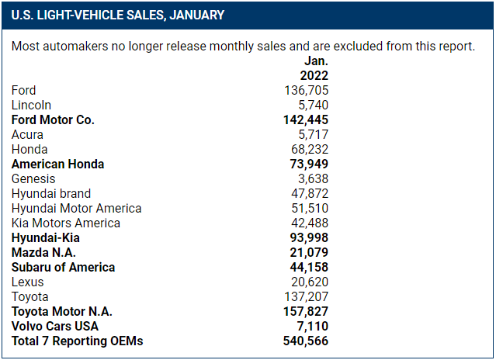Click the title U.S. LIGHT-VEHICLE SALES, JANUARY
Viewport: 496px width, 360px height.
(118, 15)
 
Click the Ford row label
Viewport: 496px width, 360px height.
(24, 91)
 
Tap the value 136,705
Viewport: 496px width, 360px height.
(306, 91)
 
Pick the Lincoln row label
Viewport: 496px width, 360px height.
(31, 106)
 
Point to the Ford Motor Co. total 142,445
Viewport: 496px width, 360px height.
(306, 120)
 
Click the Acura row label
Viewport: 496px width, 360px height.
(27, 135)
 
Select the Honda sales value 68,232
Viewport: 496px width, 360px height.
(309, 150)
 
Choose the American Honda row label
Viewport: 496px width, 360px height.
(57, 164)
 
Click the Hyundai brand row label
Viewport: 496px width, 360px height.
(51, 194)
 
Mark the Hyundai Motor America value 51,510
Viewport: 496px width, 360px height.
(309, 209)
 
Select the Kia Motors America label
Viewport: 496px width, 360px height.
(66, 223)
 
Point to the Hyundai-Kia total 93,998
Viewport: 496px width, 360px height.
(309, 238)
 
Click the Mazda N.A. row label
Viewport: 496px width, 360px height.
(43, 253)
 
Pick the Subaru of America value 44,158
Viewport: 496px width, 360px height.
(309, 268)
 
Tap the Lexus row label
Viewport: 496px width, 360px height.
(28, 282)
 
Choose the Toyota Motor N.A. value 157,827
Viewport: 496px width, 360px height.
(306, 312)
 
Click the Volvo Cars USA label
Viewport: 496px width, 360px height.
(55, 327)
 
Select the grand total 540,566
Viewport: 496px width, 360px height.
(306, 341)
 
